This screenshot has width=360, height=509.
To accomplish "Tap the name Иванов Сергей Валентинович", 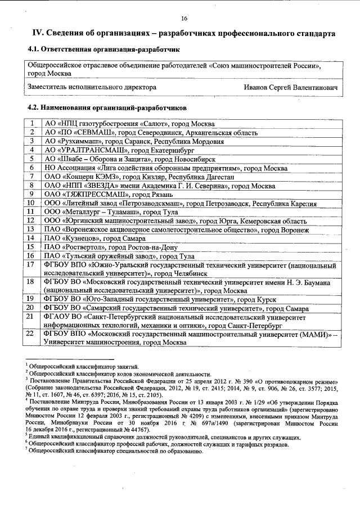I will (x=291, y=88).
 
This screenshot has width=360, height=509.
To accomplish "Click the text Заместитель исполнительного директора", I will (x=92, y=88).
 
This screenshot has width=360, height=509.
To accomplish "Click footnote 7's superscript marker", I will (x=26, y=449).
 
